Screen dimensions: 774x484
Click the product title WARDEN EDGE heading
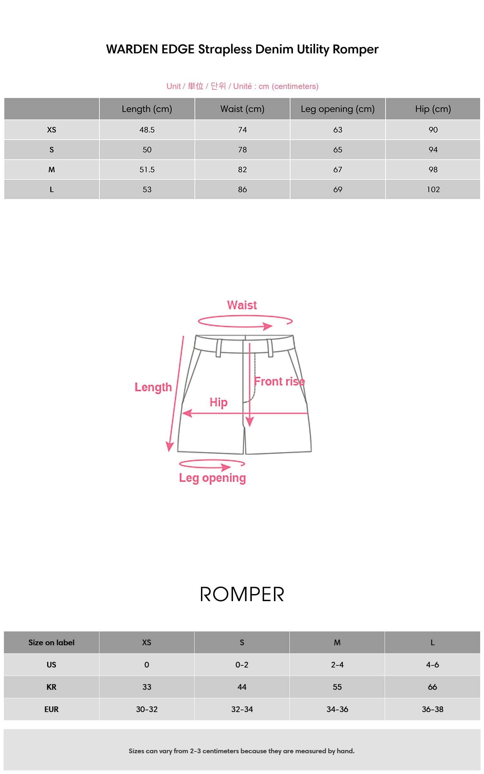242,49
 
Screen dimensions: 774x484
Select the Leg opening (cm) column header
338,109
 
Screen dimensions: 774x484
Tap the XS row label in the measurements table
52,130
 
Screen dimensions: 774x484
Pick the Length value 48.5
147,130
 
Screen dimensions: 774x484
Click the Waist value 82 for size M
242,170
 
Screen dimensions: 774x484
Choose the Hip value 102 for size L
433,190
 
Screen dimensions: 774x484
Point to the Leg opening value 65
338,150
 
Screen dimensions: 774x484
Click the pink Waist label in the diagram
242,305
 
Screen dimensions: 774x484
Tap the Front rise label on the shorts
279,382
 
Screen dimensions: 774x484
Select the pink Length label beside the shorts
153,387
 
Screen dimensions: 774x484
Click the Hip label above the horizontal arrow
218,402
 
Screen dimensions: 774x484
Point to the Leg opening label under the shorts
212,478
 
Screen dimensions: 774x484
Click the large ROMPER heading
242,594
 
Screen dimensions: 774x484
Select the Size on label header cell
52,642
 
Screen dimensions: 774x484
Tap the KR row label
52,687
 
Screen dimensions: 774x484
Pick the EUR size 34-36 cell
337,709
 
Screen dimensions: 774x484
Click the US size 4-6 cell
432,665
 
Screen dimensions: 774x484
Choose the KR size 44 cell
242,687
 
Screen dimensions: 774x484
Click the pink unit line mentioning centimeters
242,86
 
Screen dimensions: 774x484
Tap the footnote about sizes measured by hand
242,751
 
